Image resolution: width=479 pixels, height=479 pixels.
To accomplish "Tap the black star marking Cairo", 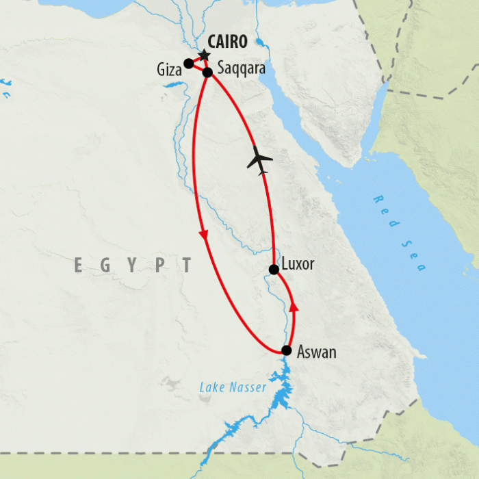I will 204,55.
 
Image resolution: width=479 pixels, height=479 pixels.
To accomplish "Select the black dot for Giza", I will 188,64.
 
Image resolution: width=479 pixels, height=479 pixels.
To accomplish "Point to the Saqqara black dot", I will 207,71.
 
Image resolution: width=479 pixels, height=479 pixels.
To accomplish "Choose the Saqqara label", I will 241,69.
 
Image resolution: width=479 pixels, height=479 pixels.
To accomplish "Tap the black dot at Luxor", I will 274,270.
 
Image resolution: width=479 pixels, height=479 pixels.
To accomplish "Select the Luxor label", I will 298,264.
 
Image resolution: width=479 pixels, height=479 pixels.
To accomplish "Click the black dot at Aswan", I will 286,350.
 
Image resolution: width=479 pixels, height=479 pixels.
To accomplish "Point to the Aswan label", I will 316,352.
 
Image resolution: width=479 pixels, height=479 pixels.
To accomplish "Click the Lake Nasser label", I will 233,388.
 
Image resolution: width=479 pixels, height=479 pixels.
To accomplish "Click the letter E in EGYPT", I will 79,266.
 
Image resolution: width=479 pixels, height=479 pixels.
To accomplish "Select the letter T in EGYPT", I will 186,266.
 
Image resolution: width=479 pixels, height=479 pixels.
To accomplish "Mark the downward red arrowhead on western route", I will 203,235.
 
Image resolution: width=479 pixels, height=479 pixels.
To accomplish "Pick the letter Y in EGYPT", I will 132,266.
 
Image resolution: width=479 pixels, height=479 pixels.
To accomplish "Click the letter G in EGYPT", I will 105,266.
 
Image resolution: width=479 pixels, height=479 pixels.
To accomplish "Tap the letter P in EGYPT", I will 159,266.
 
